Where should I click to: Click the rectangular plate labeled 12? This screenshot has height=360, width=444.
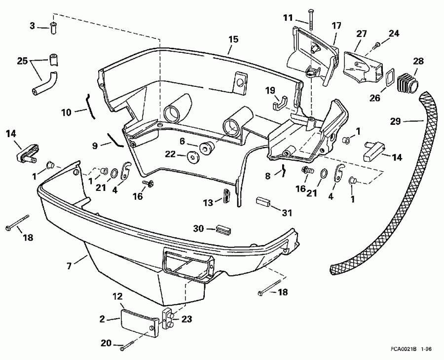pos(139,321)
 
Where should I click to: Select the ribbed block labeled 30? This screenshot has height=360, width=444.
pos(223,229)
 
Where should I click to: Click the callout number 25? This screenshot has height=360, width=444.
pos(22,62)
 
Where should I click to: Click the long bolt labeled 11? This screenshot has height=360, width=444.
pos(310,20)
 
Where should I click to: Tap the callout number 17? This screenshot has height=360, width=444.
pos(336,25)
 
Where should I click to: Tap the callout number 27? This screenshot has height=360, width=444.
pos(362,34)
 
